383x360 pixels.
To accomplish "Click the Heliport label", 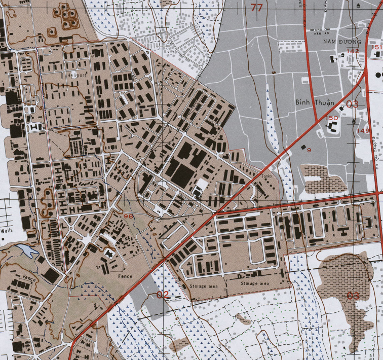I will pyautogui.click(x=77, y=75).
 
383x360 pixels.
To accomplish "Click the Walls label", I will pyautogui.click(x=7, y=230).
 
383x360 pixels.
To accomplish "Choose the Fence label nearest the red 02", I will pyautogui.click(x=125, y=277).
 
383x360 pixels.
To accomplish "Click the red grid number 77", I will pyautogui.click(x=256, y=7).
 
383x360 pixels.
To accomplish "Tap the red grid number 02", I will pyautogui.click(x=163, y=295).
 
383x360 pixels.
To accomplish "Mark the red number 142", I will pyautogui.click(x=353, y=51).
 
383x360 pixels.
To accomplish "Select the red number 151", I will pyautogui.click(x=376, y=47).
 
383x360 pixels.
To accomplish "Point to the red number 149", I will pyautogui.click(x=363, y=131).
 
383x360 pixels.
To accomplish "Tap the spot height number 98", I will pyautogui.click(x=128, y=216).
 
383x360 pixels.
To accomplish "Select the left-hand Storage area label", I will pyautogui.click(x=204, y=286).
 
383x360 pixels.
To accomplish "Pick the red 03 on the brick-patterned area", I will pyautogui.click(x=353, y=295).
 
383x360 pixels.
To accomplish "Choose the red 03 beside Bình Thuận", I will pyautogui.click(x=352, y=104).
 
